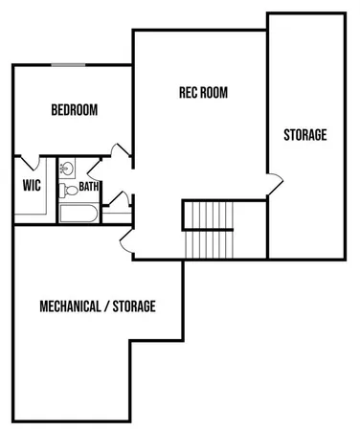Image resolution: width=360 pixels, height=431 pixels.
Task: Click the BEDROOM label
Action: click(75, 110)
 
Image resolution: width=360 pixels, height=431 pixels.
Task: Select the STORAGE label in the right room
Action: click(304, 135)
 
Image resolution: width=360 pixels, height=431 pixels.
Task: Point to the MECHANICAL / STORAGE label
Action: click(98, 306)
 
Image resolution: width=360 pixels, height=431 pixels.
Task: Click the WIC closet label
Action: click(30, 186)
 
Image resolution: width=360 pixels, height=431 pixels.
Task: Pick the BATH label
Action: click(90, 187)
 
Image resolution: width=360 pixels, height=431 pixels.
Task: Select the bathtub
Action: click(79, 212)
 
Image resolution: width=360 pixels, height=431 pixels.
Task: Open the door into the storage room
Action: click(273, 182)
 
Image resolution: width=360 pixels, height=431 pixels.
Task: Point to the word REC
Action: click(189, 93)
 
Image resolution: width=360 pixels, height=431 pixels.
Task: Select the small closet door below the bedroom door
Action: click(121, 198)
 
